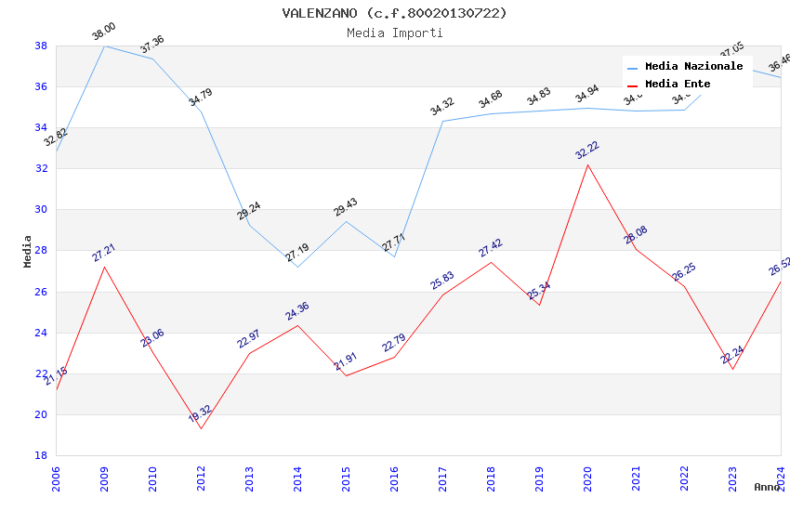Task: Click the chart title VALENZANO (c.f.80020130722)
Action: click(395, 13)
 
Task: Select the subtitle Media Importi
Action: click(395, 33)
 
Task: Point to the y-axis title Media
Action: click(28, 251)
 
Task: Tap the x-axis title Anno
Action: click(767, 487)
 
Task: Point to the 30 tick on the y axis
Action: click(41, 209)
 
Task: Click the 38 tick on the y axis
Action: click(41, 46)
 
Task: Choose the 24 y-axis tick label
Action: click(41, 333)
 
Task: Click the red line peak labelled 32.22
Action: click(587, 164)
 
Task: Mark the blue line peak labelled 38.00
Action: click(104, 46)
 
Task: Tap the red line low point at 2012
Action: click(201, 428)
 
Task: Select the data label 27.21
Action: click(103, 253)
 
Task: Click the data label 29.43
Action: click(345, 207)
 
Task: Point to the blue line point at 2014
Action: click(297, 267)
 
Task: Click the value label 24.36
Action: click(296, 311)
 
